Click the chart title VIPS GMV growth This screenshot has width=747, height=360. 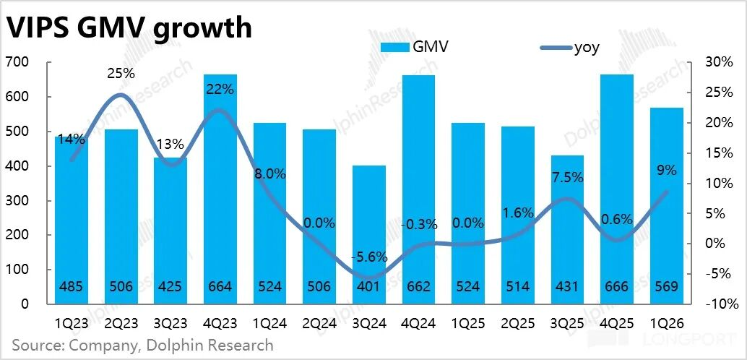coord(129,28)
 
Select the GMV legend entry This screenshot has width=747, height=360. coord(414,47)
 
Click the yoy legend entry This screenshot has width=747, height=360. coord(570,47)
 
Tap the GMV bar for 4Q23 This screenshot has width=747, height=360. coord(220,189)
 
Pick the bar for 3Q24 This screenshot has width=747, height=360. coord(369,235)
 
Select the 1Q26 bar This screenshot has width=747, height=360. coord(667,206)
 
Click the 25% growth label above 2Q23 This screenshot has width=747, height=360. coord(121,74)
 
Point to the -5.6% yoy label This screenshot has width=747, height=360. coord(369,257)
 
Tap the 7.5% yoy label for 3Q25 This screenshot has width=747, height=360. coord(567,178)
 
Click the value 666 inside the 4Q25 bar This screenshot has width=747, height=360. coord(617,287)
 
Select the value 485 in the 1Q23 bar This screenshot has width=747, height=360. coord(72,287)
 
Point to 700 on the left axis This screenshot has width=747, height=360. coord(17,62)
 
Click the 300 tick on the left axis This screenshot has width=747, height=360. coord(17,201)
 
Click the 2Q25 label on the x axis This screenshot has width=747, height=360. coord(517,324)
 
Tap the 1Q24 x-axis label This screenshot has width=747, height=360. coord(270,324)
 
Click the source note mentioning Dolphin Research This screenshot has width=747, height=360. coord(143,345)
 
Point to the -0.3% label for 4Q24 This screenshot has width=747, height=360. coord(419,224)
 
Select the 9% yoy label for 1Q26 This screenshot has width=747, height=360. coord(667,170)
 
